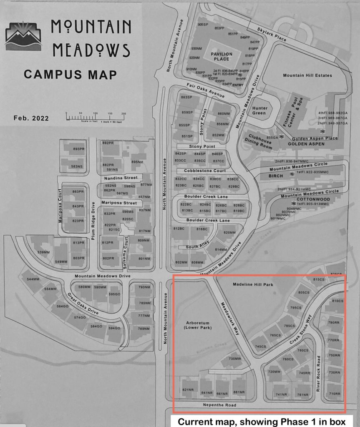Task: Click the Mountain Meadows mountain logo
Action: click(23, 36)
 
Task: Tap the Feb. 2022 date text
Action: click(31, 118)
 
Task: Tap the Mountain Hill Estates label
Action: click(307, 75)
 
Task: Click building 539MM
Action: click(43, 252)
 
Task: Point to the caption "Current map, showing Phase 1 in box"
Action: click(262, 422)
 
